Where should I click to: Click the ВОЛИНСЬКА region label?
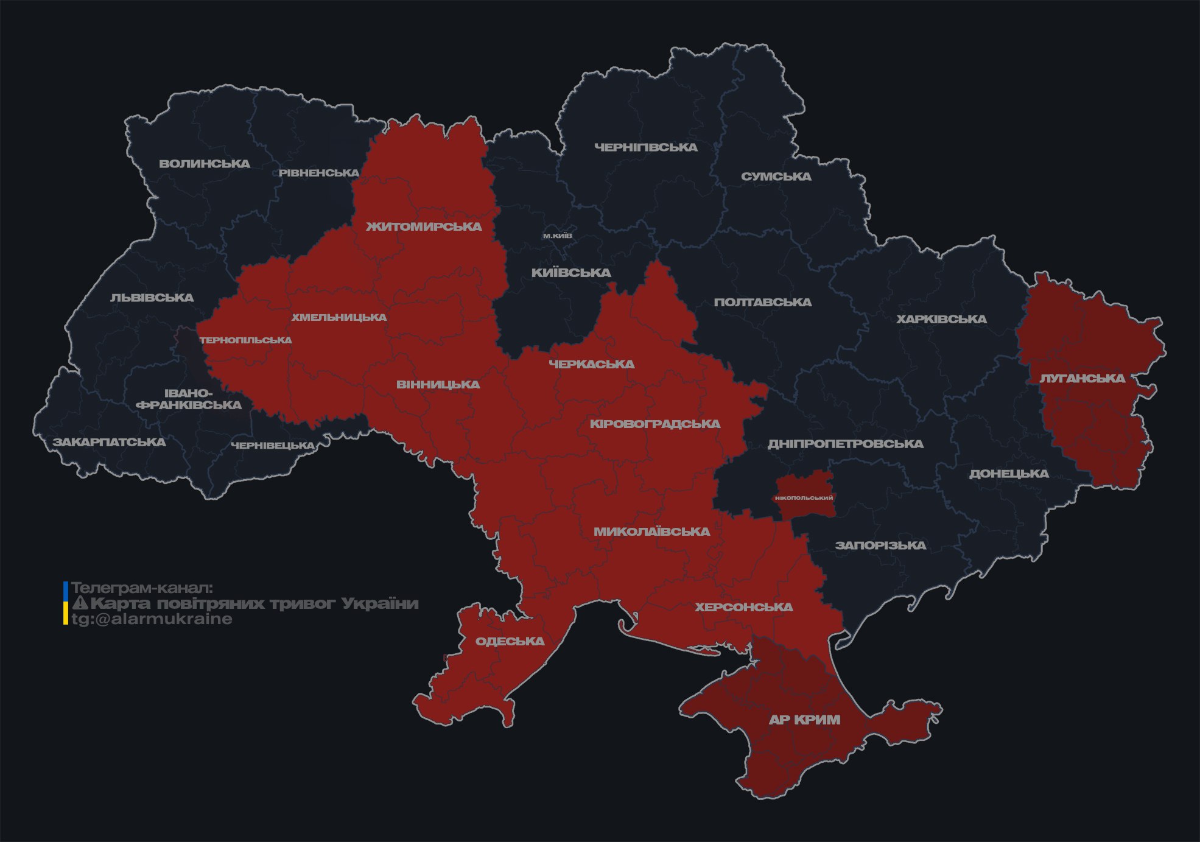205,164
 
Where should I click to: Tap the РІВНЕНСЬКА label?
319,173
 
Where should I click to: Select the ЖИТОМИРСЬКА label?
424,226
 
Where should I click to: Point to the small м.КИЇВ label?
558,236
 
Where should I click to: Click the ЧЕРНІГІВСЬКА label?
646,147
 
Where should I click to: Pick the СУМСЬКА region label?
776,177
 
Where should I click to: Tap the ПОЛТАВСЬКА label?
763,302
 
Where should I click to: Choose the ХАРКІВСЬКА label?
941,319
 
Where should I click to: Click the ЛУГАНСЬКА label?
1082,378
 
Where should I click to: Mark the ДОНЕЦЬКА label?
1009,474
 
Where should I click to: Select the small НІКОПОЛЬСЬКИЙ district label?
804,498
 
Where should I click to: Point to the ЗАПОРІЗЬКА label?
880,546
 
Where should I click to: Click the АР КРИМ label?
804,720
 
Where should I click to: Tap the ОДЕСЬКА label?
510,641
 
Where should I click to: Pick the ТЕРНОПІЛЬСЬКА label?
246,340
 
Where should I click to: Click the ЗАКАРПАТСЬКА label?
110,442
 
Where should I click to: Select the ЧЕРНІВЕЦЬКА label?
273,446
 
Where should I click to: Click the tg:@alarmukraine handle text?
152,619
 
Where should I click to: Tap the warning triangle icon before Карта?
80,603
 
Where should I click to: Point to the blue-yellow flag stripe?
66,603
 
